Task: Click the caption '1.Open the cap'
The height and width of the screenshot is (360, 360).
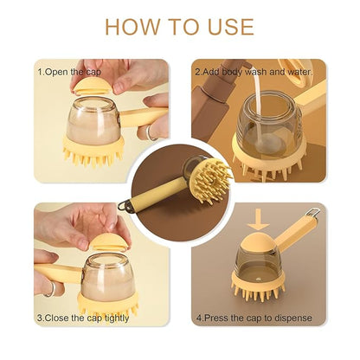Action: click(69, 72)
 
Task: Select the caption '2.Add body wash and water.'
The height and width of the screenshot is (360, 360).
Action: click(254, 72)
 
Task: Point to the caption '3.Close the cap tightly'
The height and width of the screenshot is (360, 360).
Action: click(83, 318)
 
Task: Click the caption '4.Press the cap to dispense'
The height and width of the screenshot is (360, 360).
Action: click(254, 318)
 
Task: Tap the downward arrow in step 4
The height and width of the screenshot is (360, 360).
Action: click(259, 220)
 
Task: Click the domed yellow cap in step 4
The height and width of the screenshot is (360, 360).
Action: click(259, 242)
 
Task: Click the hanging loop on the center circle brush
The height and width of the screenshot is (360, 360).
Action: click(125, 205)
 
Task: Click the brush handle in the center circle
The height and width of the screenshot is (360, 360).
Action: click(157, 194)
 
